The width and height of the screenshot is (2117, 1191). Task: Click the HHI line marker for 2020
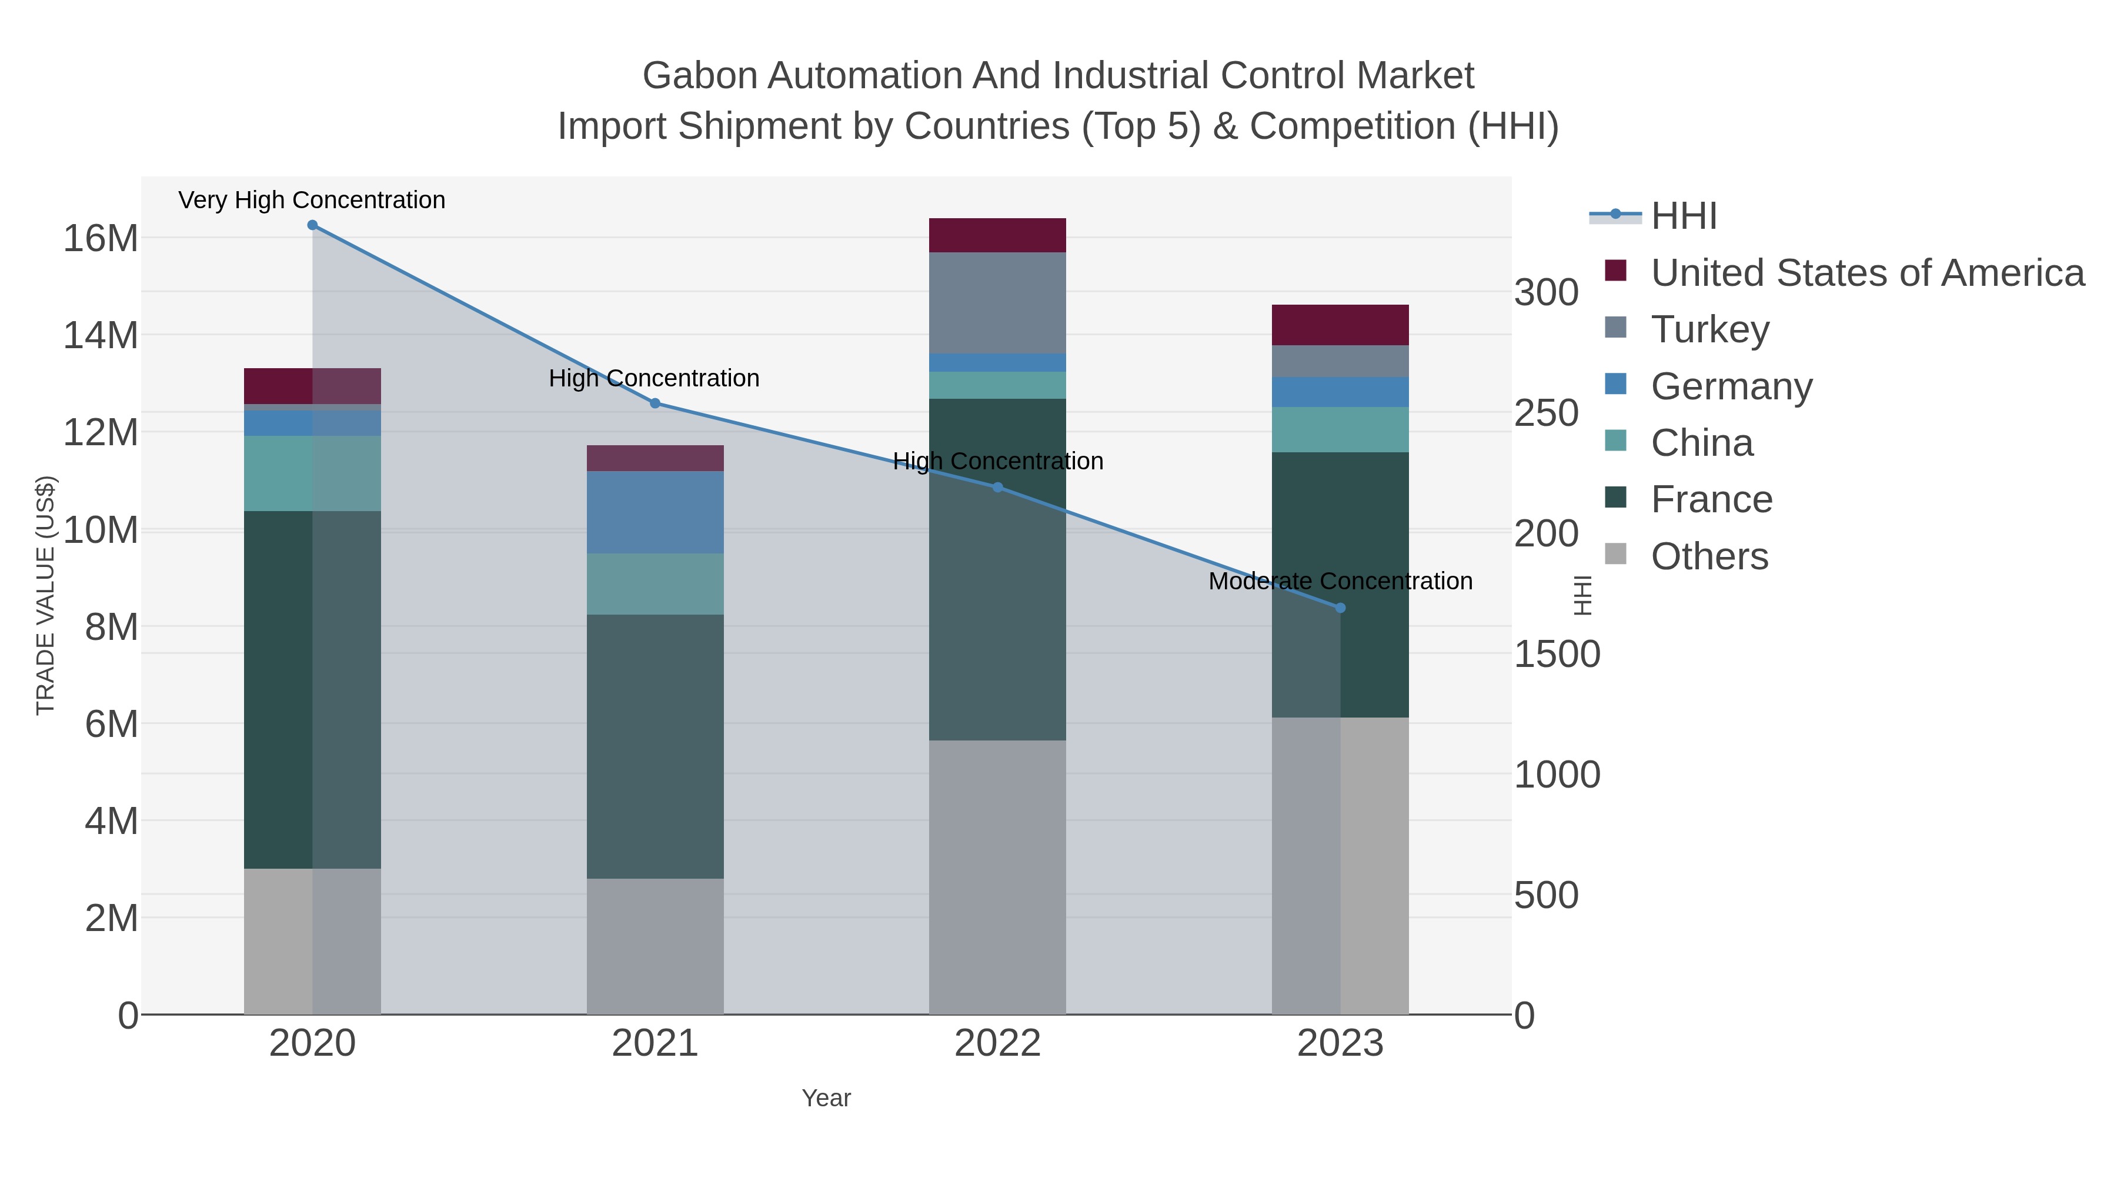(312, 225)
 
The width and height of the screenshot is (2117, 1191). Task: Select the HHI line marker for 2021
(655, 403)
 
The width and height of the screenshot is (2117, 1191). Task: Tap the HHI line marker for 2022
(998, 488)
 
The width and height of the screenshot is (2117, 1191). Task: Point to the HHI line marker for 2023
(1340, 608)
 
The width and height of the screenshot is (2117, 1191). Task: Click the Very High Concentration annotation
(312, 201)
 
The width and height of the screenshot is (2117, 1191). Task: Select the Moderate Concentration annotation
(1340, 581)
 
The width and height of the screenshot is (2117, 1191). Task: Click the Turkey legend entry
(1709, 329)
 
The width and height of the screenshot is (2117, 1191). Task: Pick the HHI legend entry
(1683, 216)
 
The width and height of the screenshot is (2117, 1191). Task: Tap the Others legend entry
(1709, 556)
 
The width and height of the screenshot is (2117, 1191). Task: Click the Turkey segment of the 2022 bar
(998, 302)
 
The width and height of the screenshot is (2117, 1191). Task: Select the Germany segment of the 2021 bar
(655, 512)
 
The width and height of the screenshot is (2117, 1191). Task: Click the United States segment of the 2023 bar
(1340, 325)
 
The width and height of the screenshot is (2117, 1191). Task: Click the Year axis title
(826, 1098)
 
